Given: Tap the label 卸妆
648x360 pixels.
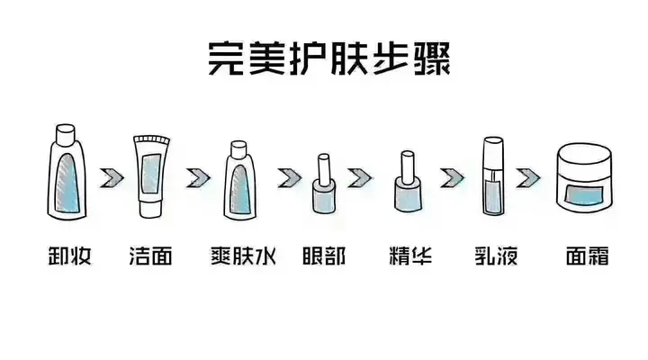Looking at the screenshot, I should [67, 256].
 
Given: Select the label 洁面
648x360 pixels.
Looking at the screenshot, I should [150, 256].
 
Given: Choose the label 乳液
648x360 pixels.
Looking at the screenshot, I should [493, 256].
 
